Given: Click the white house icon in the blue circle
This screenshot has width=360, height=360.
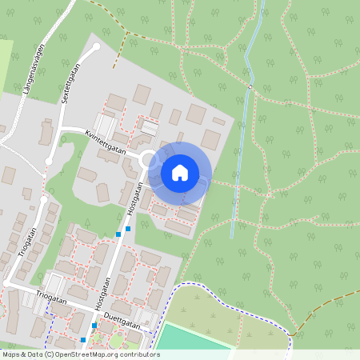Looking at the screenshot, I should click(180, 172).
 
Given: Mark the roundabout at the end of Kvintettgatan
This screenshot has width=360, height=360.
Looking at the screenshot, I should click(149, 161).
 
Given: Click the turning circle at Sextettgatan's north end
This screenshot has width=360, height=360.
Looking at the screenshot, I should click(96, 47).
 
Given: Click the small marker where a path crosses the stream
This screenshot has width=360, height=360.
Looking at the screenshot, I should click(250, 86).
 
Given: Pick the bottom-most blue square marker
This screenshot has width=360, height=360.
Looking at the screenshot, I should click(83, 340).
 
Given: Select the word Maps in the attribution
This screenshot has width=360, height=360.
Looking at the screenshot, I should click(10, 354).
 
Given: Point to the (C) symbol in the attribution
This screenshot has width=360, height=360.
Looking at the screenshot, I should click(50, 354).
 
